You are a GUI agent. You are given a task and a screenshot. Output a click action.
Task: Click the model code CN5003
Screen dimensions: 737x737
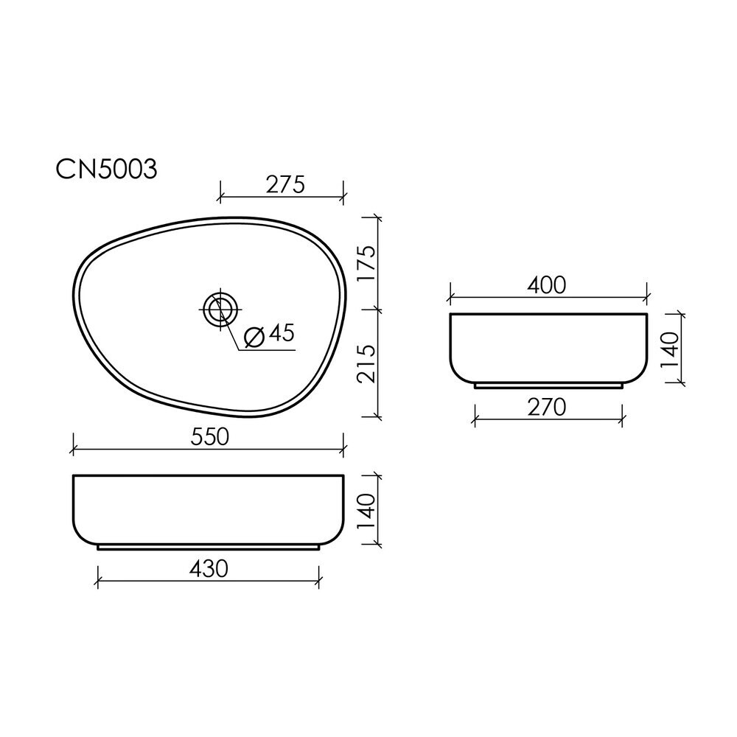[106, 170]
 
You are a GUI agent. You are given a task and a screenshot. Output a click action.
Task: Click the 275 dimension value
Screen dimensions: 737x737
[285, 184]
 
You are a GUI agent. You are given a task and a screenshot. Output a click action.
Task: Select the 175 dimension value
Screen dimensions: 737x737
[366, 264]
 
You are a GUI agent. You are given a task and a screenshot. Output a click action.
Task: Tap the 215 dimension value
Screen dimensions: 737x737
[366, 363]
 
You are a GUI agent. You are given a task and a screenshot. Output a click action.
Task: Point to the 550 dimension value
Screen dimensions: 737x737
[209, 437]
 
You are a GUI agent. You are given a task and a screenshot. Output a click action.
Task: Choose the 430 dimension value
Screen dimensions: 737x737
[209, 569]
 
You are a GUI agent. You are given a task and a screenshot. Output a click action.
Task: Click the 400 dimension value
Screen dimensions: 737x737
[546, 285]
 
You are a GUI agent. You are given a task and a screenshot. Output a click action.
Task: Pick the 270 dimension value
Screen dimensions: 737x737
[546, 408]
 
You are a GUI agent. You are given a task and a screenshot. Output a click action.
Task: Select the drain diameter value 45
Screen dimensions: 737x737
[282, 333]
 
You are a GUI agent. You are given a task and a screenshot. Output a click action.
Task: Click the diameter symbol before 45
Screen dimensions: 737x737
[255, 337]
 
